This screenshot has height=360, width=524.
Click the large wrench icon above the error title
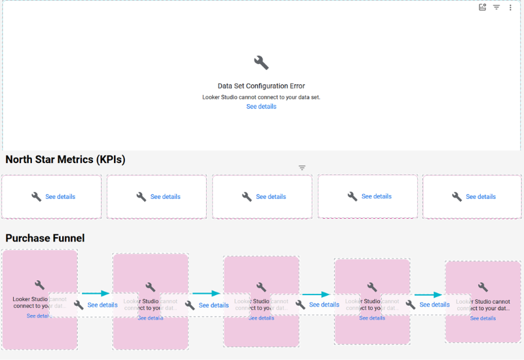click(x=261, y=63)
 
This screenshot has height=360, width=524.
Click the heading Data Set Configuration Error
click(x=261, y=86)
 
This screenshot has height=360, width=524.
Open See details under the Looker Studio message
click(x=261, y=107)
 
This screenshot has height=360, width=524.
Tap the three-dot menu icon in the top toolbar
click(x=511, y=7)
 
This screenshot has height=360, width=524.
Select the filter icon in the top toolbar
click(x=496, y=7)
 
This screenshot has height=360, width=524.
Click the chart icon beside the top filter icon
click(x=483, y=7)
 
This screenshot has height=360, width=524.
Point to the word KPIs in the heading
click(x=109, y=159)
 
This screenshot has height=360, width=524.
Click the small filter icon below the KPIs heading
click(x=302, y=168)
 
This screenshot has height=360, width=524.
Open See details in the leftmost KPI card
click(x=60, y=196)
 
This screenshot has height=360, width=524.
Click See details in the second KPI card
click(x=165, y=196)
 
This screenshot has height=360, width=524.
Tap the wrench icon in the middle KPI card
click(x=247, y=196)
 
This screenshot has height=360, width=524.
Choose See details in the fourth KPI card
click(x=377, y=196)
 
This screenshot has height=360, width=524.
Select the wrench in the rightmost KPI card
click(x=457, y=196)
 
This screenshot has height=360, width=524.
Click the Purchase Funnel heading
click(x=45, y=238)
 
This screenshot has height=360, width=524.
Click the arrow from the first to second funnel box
click(x=96, y=294)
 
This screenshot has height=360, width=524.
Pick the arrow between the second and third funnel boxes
click(x=206, y=294)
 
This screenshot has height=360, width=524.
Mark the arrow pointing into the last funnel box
click(x=428, y=295)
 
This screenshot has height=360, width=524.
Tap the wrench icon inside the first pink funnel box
click(x=39, y=285)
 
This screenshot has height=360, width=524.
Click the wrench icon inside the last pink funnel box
click(x=483, y=287)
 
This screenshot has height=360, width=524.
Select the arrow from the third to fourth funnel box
click(x=316, y=295)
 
